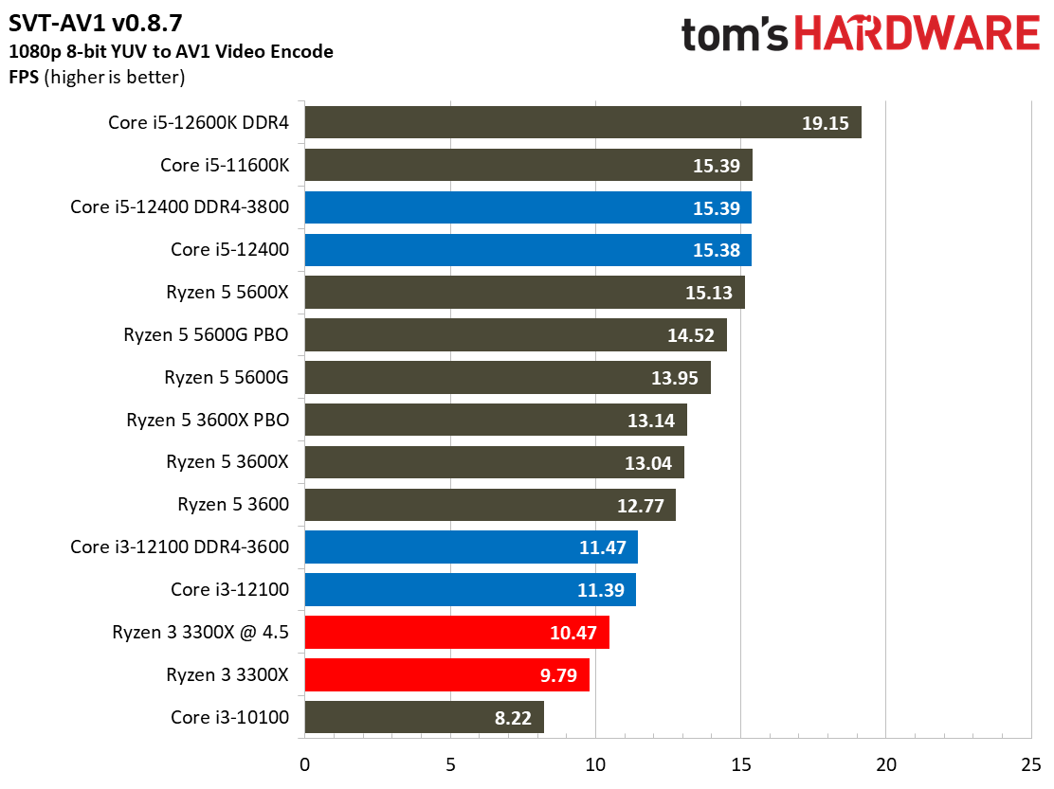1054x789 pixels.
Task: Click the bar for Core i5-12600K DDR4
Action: pyautogui.click(x=550, y=123)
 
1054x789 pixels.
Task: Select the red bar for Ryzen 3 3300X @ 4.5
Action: pyautogui.click(x=456, y=633)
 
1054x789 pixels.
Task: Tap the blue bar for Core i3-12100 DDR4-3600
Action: pyautogui.click(x=470, y=547)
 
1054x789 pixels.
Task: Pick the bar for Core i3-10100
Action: pyautogui.click(x=424, y=717)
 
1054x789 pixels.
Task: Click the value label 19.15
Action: pyautogui.click(x=825, y=123)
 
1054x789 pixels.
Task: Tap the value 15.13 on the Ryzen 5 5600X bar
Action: pyautogui.click(x=709, y=293)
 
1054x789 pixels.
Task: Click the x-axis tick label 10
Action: pyautogui.click(x=595, y=763)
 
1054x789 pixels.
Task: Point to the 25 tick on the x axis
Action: pyautogui.click(x=1030, y=763)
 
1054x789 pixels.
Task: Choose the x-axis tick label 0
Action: pyautogui.click(x=304, y=763)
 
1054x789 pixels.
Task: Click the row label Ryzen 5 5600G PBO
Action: pyautogui.click(x=206, y=335)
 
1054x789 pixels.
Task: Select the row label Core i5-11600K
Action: pyautogui.click(x=224, y=166)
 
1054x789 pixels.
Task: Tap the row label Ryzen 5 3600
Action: pyautogui.click(x=232, y=505)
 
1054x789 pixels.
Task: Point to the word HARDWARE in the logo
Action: pyautogui.click(x=918, y=35)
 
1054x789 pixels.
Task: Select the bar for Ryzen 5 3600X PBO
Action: pyautogui.click(x=495, y=420)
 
